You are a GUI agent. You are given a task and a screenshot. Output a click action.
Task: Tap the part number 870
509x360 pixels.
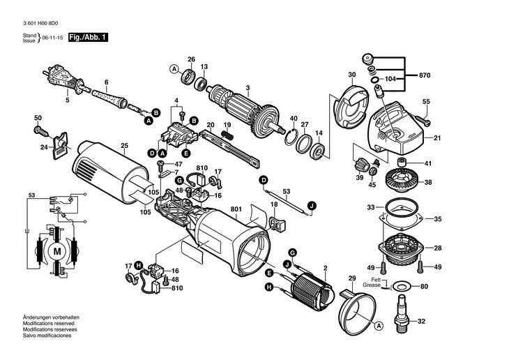[x=425, y=74]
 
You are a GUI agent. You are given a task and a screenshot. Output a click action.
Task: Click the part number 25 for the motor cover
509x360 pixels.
[x=124, y=146]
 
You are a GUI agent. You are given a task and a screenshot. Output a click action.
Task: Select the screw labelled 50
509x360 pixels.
[x=40, y=128]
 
